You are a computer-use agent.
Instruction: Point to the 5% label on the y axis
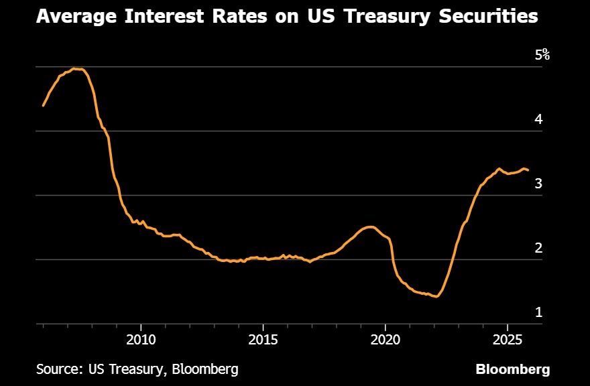tap(542, 55)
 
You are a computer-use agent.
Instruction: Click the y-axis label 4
tap(538, 119)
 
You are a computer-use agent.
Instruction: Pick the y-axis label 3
tap(538, 184)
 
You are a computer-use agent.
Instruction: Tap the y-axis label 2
tap(538, 248)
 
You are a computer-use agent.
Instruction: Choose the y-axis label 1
tap(538, 312)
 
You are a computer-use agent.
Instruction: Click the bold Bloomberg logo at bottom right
tap(513, 369)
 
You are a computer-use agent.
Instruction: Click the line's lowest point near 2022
tap(437, 296)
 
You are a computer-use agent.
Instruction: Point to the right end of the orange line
tap(528, 170)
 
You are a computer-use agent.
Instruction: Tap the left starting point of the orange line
tap(43, 106)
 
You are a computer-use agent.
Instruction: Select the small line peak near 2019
tap(370, 227)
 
